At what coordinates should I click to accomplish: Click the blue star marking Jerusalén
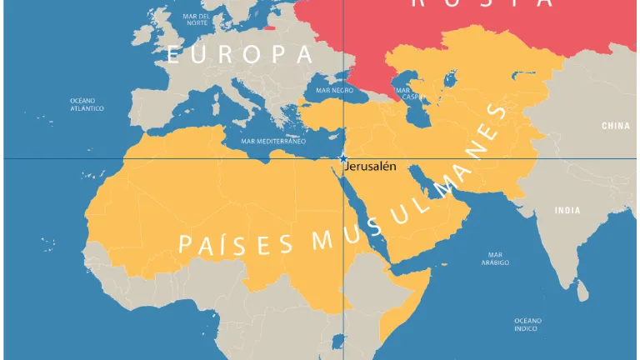coord(342,158)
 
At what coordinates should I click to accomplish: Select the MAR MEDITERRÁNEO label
coord(273,141)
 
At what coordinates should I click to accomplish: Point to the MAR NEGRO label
coord(335,89)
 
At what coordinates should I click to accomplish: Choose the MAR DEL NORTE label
coord(197,19)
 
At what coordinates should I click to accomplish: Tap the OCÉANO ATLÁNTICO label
coord(87,104)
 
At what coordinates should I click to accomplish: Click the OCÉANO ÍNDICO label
coord(527,324)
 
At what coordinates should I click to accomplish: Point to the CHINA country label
coord(616,126)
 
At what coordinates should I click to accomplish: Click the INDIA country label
coord(567,210)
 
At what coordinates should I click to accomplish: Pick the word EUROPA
coord(239,55)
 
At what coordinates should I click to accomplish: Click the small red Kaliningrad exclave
coord(269,27)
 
